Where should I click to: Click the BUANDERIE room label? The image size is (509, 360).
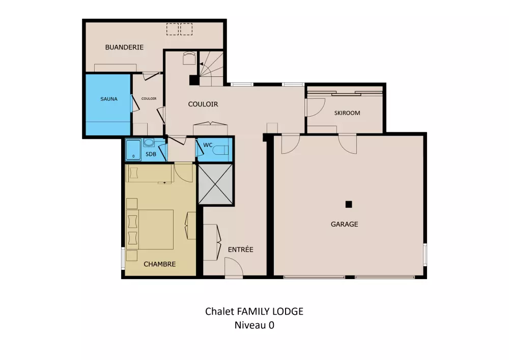click(x=124, y=47)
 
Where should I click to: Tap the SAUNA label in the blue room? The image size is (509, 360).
click(x=109, y=99)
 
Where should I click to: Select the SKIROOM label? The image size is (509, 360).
click(x=347, y=113)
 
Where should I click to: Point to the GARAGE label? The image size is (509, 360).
click(x=345, y=224)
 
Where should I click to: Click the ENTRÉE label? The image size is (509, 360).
click(x=241, y=250)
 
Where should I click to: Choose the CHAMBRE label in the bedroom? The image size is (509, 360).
click(x=160, y=264)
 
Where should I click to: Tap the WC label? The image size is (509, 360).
click(x=208, y=145)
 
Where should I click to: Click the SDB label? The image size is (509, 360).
click(x=151, y=154)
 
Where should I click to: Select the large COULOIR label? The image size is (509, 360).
click(x=203, y=104)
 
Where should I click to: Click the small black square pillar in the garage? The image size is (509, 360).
click(x=349, y=204)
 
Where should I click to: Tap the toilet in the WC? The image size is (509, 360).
click(x=221, y=150)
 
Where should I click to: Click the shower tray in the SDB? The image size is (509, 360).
click(x=133, y=150)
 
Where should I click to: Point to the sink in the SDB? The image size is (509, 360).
click(x=149, y=143)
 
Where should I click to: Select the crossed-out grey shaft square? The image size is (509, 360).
click(x=215, y=184)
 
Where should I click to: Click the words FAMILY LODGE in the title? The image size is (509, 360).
click(x=270, y=311)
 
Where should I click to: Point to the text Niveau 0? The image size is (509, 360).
click(x=254, y=325)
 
